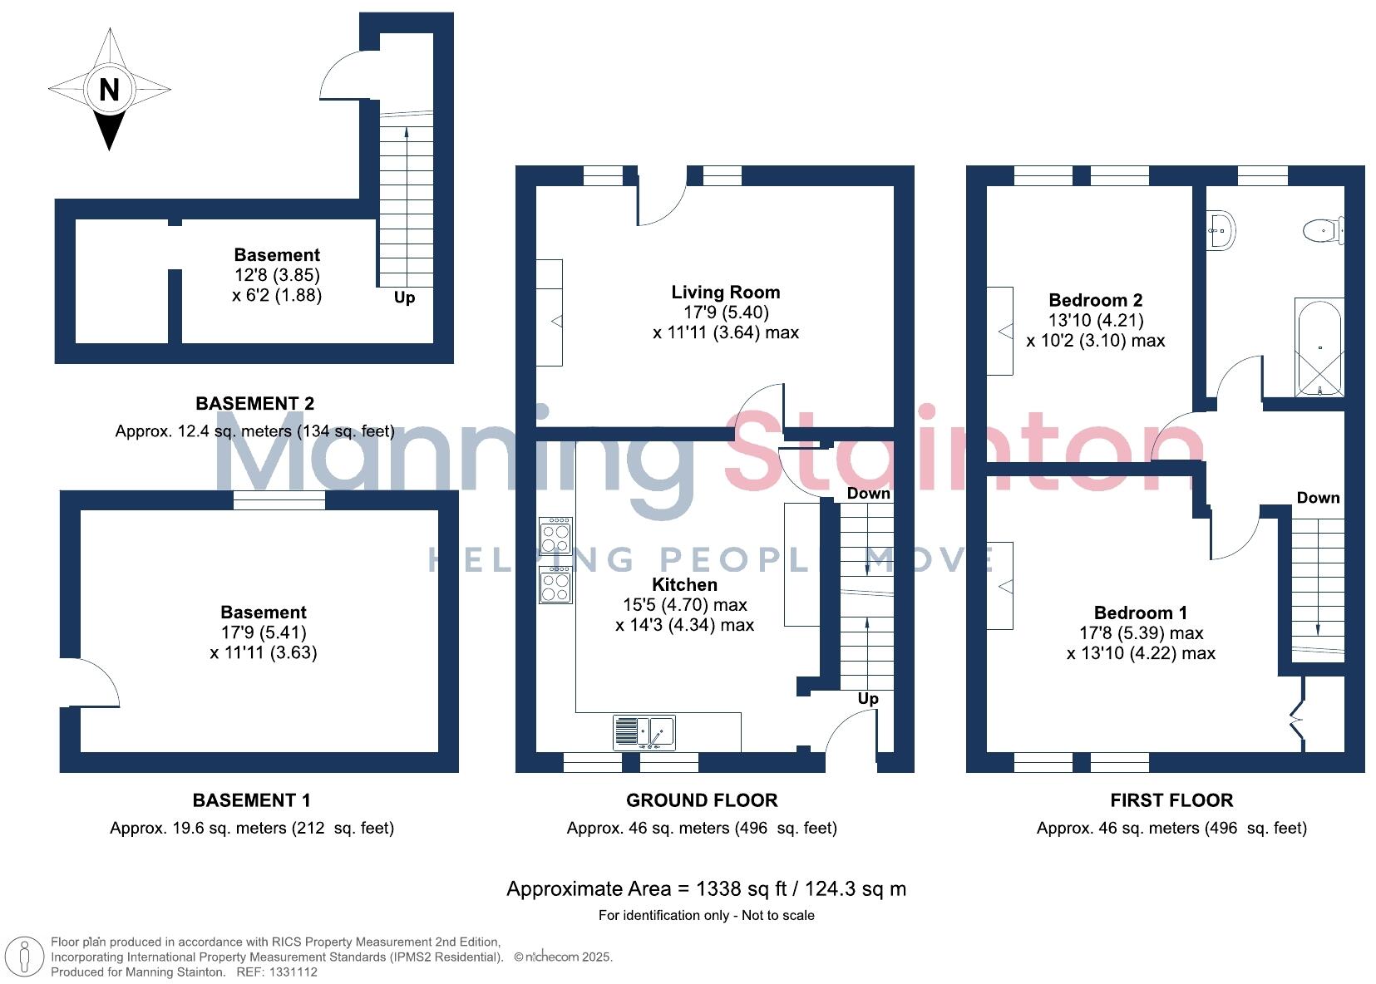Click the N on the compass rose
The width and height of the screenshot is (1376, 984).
109,89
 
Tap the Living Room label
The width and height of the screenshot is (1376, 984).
725,292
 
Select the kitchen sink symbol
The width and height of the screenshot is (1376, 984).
644,733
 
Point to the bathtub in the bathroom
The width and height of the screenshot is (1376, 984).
1319,347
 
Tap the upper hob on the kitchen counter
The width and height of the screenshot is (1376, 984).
555,535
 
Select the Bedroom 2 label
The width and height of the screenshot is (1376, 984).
1095,300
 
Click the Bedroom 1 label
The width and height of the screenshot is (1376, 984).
1140,613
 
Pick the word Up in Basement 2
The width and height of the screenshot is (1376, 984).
404,298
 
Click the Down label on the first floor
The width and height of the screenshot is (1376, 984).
1318,498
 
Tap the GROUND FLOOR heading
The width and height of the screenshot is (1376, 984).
702,800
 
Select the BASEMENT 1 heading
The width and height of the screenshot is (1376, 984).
251,800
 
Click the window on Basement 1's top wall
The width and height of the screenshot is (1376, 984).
279,499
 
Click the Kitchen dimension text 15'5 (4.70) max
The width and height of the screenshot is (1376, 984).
684,605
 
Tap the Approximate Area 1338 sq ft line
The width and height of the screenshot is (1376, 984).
706,888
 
